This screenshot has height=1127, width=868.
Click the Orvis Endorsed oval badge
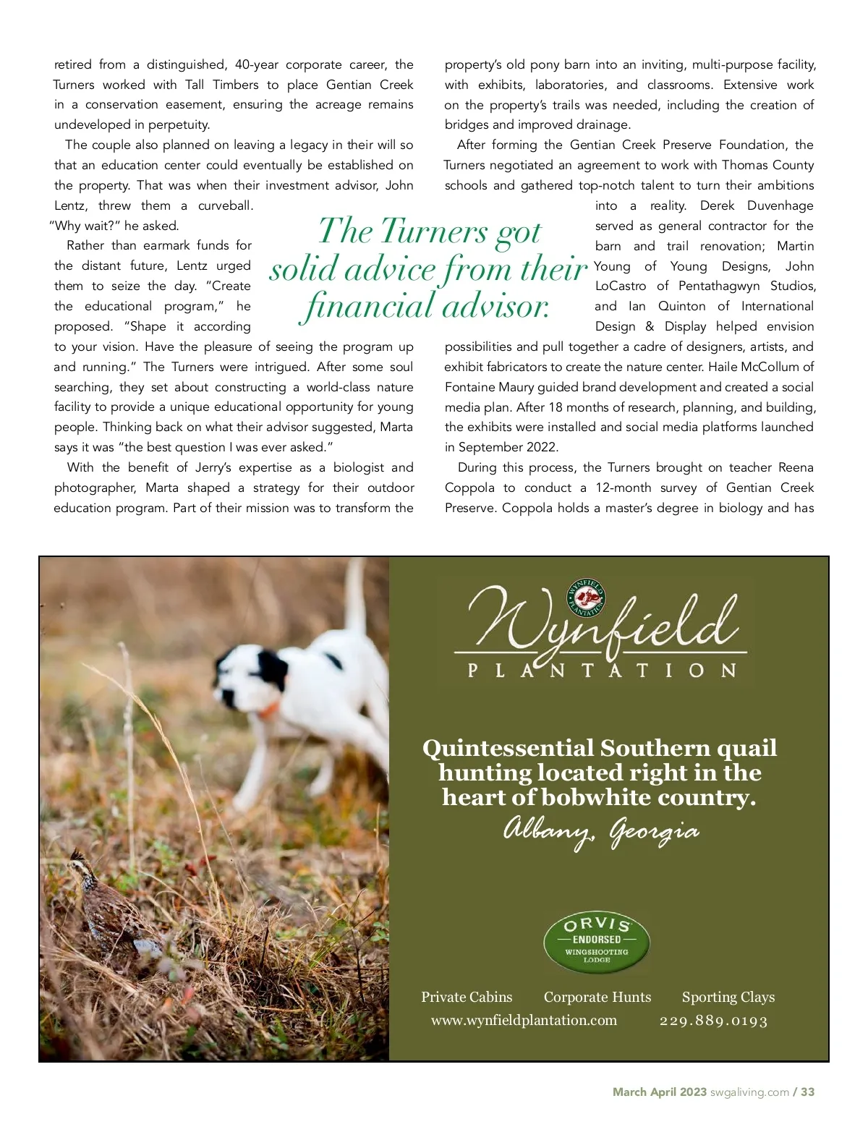pos(597,942)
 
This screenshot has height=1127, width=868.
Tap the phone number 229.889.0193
pos(713,1021)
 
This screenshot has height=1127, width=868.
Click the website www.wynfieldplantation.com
pos(524,1020)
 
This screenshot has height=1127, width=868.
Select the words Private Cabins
pos(467,997)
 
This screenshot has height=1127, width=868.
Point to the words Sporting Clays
pos(728,997)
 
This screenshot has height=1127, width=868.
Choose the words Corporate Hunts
pos(597,997)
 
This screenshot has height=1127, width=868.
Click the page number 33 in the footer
pos(807,1092)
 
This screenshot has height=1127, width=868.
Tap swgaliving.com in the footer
pos(749,1092)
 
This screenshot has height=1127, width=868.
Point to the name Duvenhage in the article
pos(780,205)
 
